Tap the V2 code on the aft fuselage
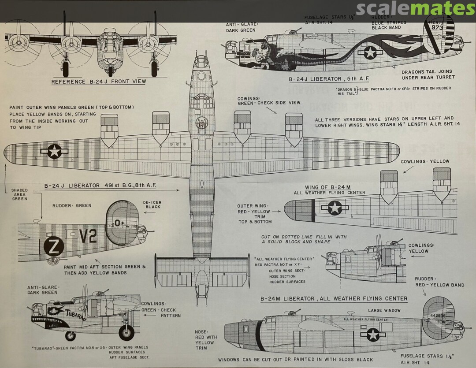pos(88,237)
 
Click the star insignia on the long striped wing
pos(54,151)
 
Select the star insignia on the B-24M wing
pos(335,208)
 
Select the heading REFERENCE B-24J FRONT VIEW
pos(98,82)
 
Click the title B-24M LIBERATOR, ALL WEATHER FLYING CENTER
pos(334,299)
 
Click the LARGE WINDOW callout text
pos(384,311)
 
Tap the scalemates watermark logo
pos(415,8)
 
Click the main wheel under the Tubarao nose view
pos(126,332)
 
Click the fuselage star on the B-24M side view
pos(373,335)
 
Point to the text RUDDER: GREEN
pos(72,205)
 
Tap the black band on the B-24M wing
pos(313,210)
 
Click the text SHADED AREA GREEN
pos(19,194)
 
